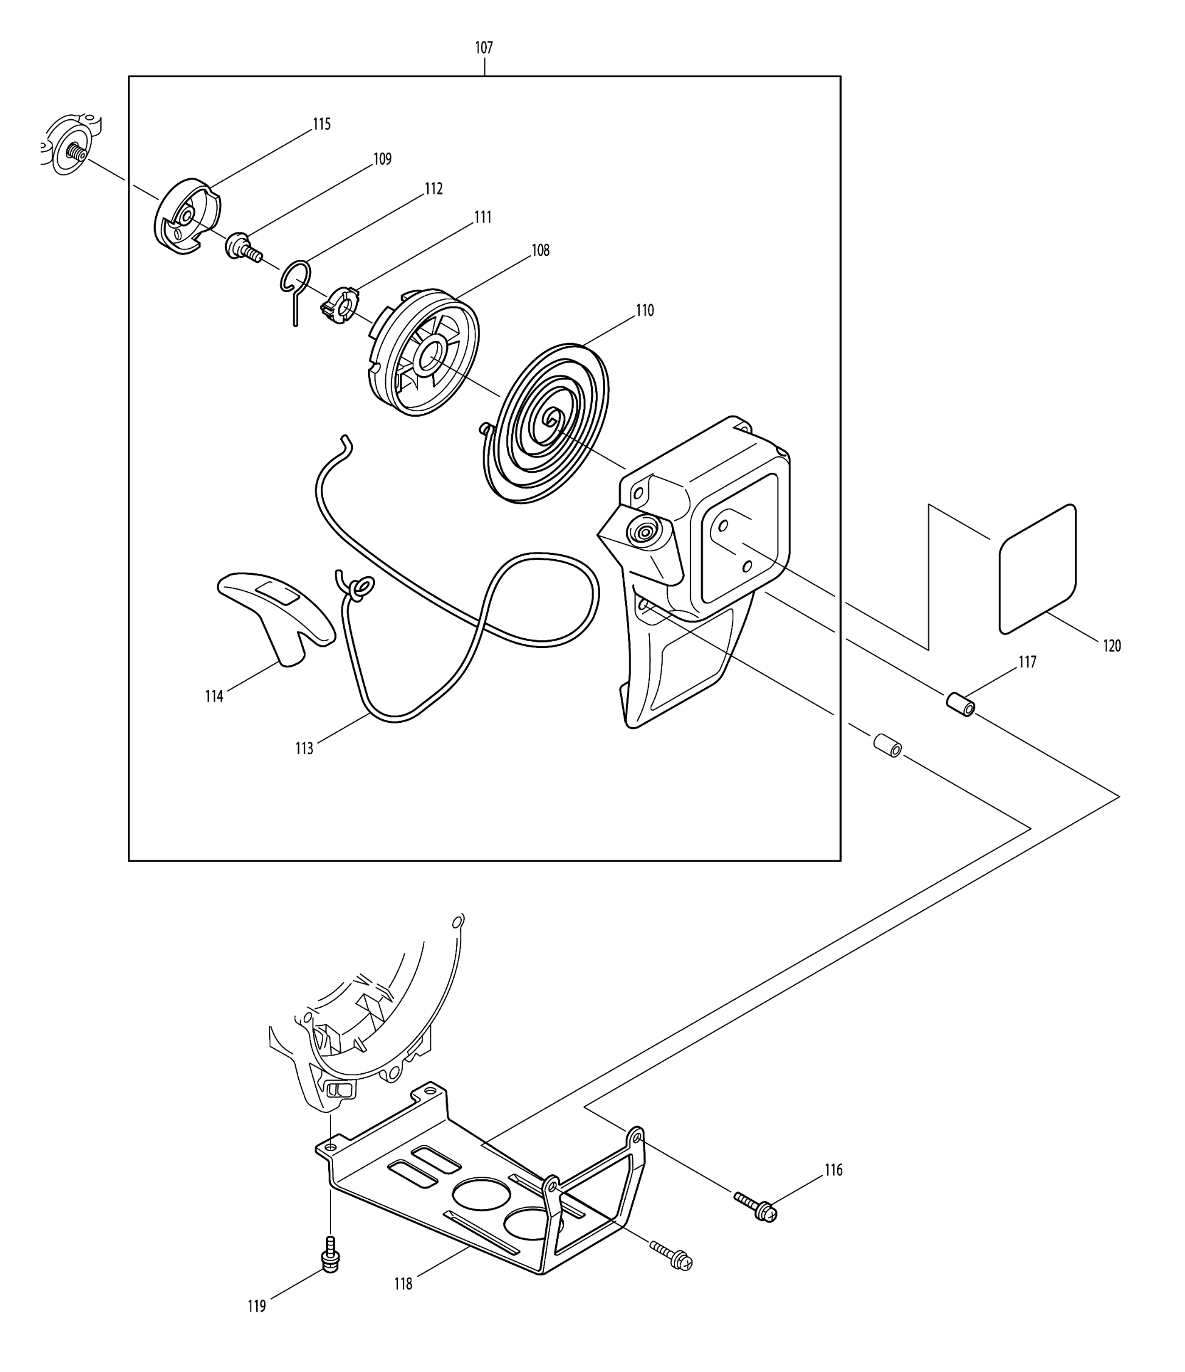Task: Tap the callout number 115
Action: pos(321,124)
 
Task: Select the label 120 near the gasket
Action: pos(1111,646)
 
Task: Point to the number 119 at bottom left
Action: pos(256,1306)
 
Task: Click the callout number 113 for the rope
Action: pos(304,748)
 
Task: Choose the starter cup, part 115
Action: pos(187,216)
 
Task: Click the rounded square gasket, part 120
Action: pos(1037,569)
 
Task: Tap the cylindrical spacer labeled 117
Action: pos(960,705)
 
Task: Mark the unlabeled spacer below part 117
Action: pos(887,745)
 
